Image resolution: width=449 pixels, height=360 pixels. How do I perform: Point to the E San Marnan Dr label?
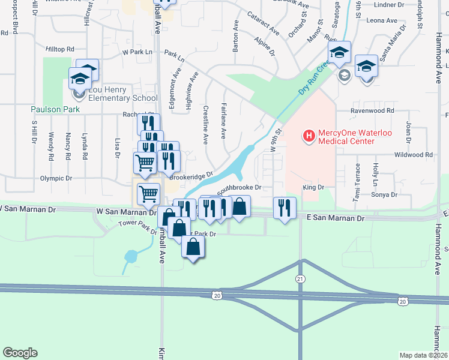(336, 219)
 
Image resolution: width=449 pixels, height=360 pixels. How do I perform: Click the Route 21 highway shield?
(300, 278)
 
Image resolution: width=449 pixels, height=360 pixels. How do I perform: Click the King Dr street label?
(313, 188)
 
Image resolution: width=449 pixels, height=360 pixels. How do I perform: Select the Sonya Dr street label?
(385, 195)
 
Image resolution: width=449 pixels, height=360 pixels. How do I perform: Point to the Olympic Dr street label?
(56, 178)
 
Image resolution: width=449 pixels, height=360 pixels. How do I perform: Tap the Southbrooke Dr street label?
(240, 188)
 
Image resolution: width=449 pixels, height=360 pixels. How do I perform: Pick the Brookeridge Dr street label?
(191, 175)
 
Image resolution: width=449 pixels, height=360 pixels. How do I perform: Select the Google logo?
(20, 353)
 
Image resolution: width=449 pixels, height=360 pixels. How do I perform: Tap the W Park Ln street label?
(137, 52)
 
